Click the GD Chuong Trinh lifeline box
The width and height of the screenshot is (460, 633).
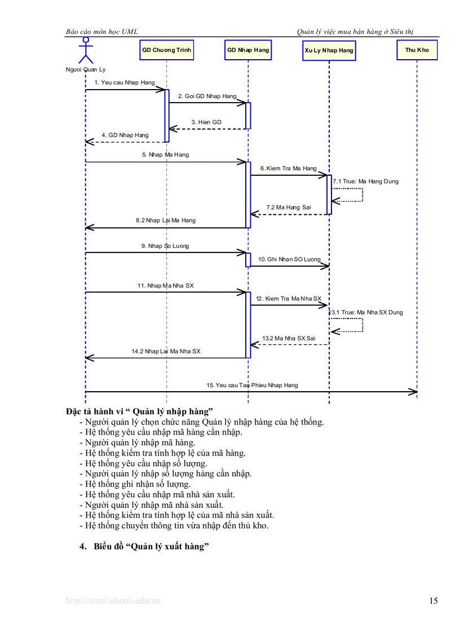(166, 50)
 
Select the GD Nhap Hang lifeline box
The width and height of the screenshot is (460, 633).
(248, 50)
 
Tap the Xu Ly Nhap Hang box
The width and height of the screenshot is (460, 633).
(329, 51)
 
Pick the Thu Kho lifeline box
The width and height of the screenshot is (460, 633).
(417, 50)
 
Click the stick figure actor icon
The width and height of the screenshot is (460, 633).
(85, 50)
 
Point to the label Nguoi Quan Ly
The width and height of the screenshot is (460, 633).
(85, 70)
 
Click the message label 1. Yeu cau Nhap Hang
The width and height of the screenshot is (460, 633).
(124, 83)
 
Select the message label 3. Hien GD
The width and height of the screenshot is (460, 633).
(206, 122)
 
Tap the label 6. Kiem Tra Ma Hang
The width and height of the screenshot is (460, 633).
(288, 169)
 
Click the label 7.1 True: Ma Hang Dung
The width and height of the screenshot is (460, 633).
(365, 182)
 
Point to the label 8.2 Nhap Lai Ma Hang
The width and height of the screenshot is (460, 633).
(166, 220)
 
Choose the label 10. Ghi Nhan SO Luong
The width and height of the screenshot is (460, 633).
(289, 259)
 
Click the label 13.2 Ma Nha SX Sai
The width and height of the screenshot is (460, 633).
(289, 338)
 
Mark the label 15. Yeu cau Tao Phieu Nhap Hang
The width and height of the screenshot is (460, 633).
(252, 386)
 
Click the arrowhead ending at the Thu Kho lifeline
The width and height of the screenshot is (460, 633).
(414, 392)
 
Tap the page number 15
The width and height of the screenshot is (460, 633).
(433, 601)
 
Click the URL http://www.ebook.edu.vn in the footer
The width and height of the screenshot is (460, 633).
(113, 601)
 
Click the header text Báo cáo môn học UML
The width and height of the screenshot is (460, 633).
(101, 32)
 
